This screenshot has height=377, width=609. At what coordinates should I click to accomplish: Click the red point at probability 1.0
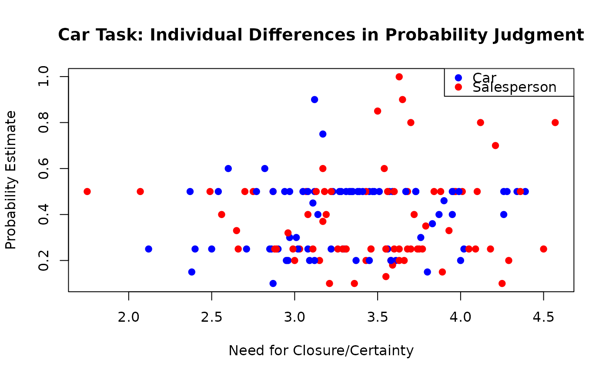399,77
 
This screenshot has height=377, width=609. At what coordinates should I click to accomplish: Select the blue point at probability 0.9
315,99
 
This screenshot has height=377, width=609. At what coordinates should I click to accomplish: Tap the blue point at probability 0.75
323,134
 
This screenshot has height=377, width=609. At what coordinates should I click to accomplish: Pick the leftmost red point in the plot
87,192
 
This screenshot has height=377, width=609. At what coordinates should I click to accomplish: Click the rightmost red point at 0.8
555,122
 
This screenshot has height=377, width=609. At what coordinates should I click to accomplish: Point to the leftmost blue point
148,249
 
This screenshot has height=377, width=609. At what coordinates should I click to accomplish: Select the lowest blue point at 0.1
273,283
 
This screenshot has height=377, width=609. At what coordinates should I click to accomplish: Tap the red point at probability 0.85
378,111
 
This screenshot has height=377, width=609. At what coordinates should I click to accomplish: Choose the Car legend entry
484,77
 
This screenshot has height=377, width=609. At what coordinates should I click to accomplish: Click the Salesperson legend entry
514,88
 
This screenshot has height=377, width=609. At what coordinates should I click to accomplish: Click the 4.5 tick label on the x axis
543,318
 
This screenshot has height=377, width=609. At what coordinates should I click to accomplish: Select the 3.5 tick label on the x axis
378,318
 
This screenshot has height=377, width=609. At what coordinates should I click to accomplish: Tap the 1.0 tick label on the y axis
44,77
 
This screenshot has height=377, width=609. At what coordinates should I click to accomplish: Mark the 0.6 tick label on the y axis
44,168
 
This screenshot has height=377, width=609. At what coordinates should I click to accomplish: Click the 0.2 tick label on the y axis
44,260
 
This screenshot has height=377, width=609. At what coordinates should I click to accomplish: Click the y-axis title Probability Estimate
11,180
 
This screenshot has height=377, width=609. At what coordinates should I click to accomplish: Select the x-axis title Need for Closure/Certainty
321,350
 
